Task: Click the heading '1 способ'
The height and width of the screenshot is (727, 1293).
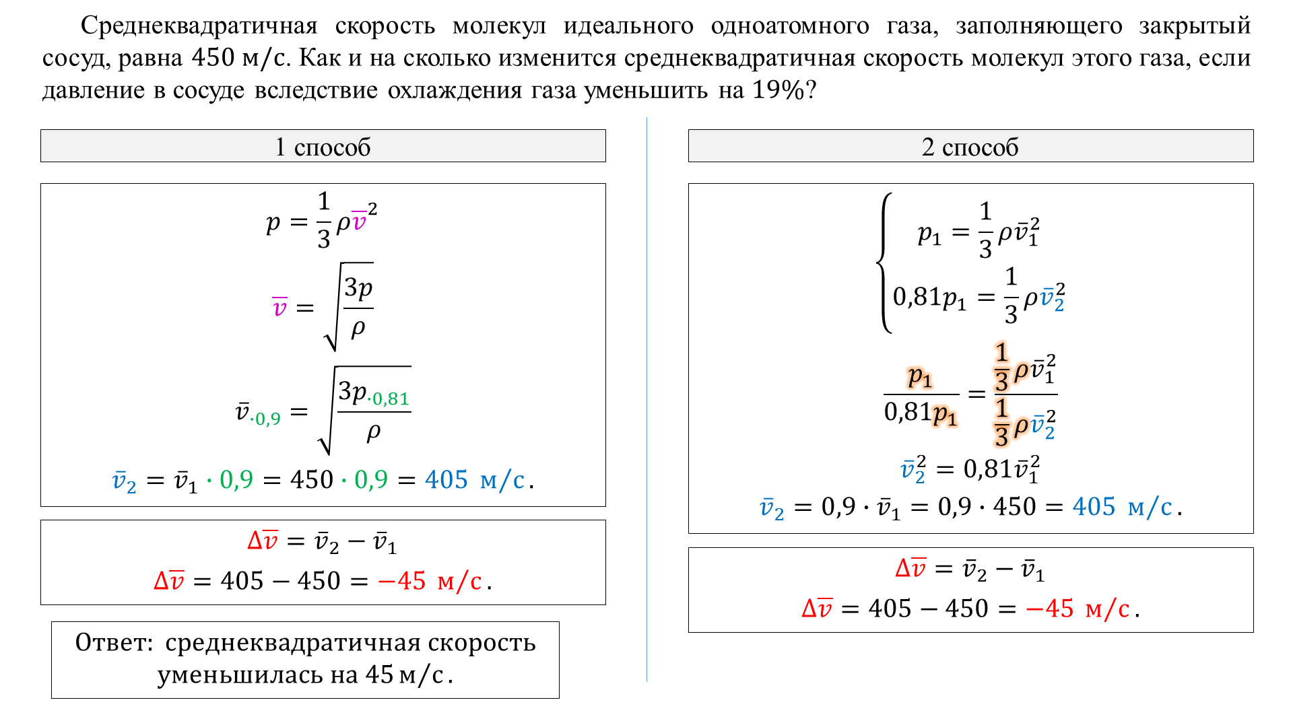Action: click(x=323, y=147)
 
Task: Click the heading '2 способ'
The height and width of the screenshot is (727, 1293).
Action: click(x=970, y=147)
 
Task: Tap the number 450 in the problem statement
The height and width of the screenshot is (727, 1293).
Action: click(x=213, y=58)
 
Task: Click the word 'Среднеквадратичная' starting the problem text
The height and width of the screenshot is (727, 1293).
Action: click(x=199, y=26)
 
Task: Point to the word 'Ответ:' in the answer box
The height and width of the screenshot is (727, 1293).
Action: click(x=115, y=642)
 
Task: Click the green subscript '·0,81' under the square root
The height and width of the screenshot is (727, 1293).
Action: click(x=389, y=399)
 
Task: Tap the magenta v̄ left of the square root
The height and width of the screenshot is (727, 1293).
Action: click(x=279, y=307)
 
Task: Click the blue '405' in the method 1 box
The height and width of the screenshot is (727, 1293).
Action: click(x=446, y=479)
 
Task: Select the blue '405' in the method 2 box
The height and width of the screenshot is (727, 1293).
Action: click(x=1094, y=506)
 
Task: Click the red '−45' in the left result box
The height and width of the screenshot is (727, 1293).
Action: click(x=402, y=580)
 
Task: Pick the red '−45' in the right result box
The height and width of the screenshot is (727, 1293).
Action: click(x=1050, y=609)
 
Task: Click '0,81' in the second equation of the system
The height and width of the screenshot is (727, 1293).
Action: click(x=917, y=296)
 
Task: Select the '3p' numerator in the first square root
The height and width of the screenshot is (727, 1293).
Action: click(x=358, y=288)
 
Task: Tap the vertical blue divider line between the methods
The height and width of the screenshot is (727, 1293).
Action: click(x=647, y=400)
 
